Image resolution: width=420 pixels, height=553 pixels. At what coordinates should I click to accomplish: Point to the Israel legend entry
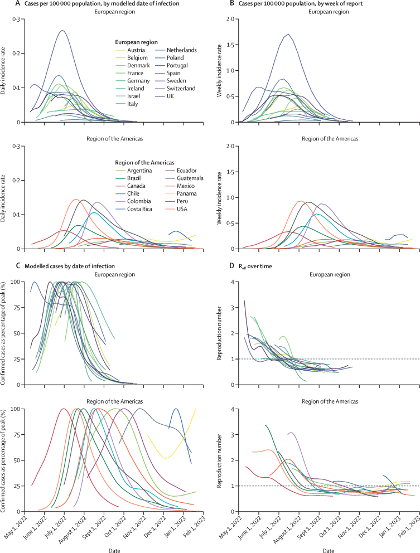[127, 96]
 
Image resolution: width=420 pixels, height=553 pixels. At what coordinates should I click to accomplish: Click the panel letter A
[4, 4]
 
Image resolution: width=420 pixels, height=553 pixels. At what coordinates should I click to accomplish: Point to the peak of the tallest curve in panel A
[63, 31]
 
